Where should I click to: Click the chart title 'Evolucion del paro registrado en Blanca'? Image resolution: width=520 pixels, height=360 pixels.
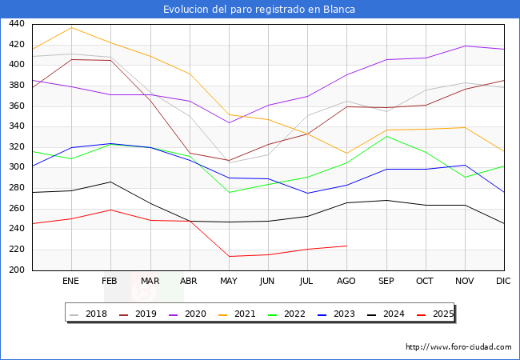[x=259, y=10]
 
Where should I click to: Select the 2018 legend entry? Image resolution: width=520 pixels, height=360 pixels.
[x=88, y=314]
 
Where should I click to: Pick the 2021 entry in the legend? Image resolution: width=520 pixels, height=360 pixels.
[x=237, y=314]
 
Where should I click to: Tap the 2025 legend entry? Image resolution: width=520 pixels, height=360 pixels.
[x=435, y=314]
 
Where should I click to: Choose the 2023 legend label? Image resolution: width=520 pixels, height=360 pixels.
[x=336, y=314]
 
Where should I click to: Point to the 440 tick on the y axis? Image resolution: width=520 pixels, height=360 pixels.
[x=17, y=23]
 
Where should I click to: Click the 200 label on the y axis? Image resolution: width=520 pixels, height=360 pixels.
[x=17, y=270]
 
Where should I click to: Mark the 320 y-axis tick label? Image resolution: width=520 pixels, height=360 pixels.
[x=17, y=146]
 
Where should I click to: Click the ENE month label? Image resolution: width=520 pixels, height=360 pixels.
[x=70, y=281]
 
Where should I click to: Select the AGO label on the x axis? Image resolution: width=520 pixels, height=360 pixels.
[x=346, y=281]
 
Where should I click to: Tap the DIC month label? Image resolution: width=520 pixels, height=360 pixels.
[x=503, y=281]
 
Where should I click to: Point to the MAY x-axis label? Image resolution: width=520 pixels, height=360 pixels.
[x=229, y=281]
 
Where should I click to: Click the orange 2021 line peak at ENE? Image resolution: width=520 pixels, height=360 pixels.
[x=72, y=27]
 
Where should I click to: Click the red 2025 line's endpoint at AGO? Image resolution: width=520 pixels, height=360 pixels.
[x=347, y=246]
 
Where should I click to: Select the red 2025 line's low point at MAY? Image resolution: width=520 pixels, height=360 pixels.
[x=229, y=256]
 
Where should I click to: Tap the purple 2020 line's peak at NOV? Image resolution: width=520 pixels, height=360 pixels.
[x=465, y=46]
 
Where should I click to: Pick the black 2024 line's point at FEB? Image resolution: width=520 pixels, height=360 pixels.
[x=110, y=182]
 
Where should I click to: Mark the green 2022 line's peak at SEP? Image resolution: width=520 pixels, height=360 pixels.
[x=386, y=136]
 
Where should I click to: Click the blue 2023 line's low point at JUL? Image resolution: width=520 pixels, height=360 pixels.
[x=308, y=194]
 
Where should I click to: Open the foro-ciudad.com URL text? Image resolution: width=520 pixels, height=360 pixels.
[x=458, y=347]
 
